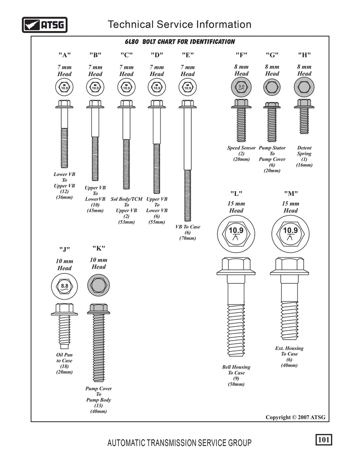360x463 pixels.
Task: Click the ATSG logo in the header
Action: [x=45, y=25]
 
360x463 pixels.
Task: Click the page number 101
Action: [x=324, y=440]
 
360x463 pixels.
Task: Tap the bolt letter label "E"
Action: [x=188, y=55]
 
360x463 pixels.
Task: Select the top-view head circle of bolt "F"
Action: [x=241, y=87]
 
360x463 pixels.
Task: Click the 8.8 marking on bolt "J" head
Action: [x=64, y=286]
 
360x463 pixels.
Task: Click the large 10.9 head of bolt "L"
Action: [x=236, y=233]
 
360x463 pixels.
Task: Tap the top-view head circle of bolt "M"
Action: [x=290, y=234]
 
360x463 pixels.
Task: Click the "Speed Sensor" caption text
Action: [x=241, y=148]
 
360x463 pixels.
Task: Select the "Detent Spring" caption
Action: [x=304, y=151]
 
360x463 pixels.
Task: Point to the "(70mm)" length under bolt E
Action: [x=188, y=238]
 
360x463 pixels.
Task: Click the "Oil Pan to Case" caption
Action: [x=64, y=358]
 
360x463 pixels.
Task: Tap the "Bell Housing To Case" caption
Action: [x=236, y=370]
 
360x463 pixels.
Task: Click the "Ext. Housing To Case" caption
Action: [x=289, y=351]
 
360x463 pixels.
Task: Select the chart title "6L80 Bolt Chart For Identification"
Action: [x=180, y=42]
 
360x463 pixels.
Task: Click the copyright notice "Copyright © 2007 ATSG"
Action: [x=295, y=417]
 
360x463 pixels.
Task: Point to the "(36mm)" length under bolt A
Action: [x=64, y=197]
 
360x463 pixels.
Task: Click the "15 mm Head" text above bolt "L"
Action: [x=236, y=207]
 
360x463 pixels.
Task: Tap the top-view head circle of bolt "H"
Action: [x=304, y=87]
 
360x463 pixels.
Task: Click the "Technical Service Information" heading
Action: [x=180, y=24]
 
